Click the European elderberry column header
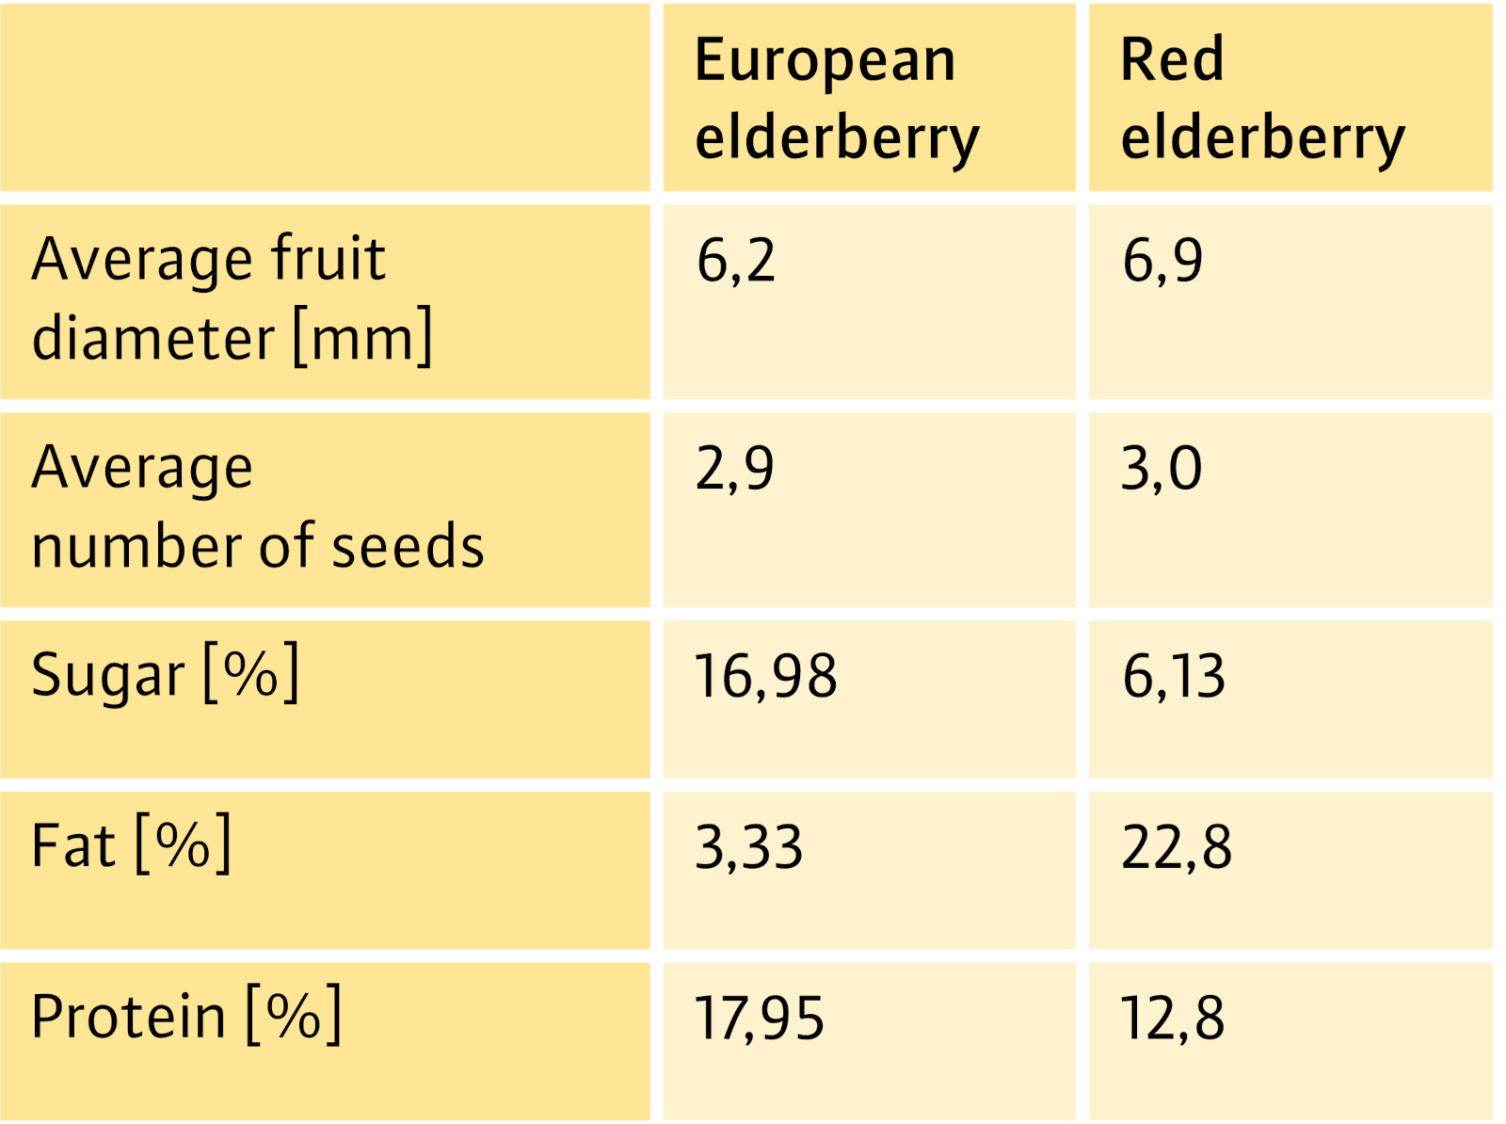[836, 98]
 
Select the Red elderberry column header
[1261, 98]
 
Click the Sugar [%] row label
[165, 674]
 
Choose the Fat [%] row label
[131, 844]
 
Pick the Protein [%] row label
[186, 1016]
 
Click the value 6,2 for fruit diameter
[736, 260]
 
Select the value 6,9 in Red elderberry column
[1162, 260]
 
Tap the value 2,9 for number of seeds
[735, 468]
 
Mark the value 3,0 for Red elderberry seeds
[1162, 468]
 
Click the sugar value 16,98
[765, 676]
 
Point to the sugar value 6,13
[1174, 676]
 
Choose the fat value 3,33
[749, 846]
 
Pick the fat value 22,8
[1177, 846]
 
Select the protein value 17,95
[759, 1018]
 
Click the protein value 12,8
[1173, 1018]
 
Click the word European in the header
[825, 61]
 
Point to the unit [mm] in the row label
[362, 336]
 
